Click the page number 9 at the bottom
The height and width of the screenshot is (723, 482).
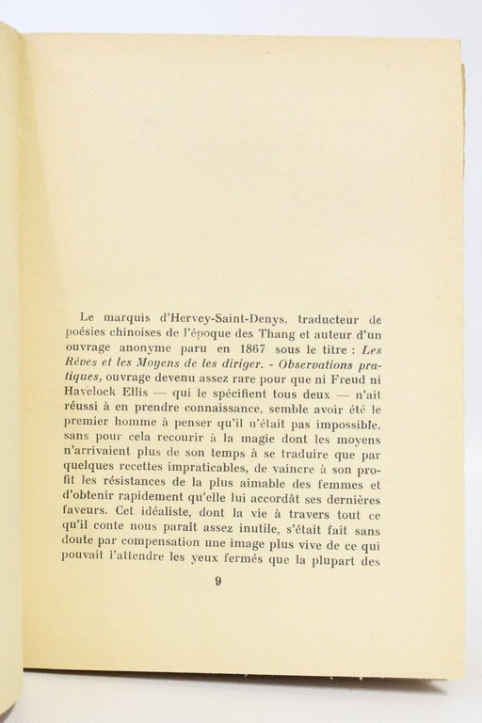point(217,581)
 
